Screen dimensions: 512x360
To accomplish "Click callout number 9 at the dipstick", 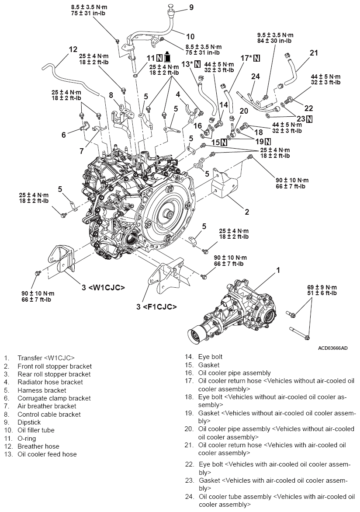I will tap(191, 7).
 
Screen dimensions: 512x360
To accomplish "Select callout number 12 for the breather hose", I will tap(73, 49).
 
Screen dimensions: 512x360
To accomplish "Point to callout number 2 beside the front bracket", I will tap(247, 212).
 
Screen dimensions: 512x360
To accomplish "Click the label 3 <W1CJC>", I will tap(104, 288).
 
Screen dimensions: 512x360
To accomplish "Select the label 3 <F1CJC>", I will tap(156, 307).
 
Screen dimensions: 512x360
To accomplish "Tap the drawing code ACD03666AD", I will tap(333, 348).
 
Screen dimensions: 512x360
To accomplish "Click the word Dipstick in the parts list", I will tap(29, 422).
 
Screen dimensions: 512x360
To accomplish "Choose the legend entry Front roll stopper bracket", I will tap(55, 366).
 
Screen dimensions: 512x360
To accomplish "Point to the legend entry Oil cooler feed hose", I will tap(47, 454).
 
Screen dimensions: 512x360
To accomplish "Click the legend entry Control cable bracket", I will tap(49, 414).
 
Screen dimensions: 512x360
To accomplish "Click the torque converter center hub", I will tap(168, 215).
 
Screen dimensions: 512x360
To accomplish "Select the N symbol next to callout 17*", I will tap(256, 58).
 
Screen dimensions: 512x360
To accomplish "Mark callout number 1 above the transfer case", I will tap(277, 270).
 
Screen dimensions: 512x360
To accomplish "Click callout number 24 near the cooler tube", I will tap(256, 77).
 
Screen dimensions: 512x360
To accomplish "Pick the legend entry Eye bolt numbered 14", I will tap(210, 357).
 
